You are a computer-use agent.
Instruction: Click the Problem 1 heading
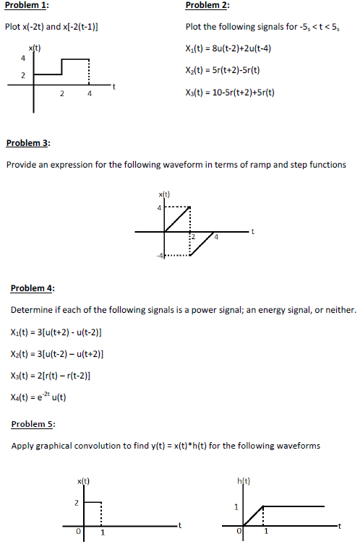(27, 6)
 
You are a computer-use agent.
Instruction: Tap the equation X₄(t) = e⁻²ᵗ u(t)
(39, 397)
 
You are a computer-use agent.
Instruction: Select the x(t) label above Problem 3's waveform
(164, 194)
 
